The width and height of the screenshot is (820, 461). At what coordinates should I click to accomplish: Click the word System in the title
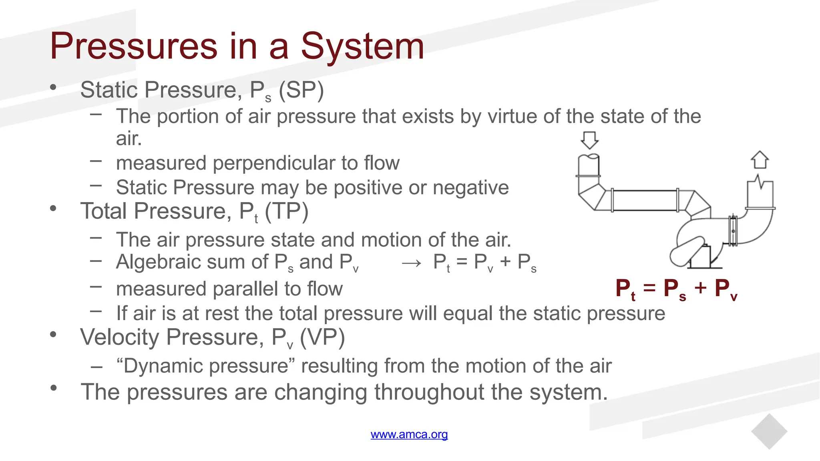[x=362, y=47]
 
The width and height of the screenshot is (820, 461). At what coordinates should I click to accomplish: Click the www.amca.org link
[x=409, y=434]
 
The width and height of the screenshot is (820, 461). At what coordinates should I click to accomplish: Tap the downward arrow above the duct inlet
[x=589, y=140]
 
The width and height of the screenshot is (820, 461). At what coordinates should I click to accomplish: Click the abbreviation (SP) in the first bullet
[x=301, y=90]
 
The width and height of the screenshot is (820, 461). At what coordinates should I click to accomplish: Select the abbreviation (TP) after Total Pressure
[x=286, y=211]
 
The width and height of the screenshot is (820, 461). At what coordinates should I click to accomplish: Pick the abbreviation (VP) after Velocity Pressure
[x=322, y=337]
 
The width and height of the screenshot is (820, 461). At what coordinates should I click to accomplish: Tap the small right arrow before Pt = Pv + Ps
[x=412, y=263]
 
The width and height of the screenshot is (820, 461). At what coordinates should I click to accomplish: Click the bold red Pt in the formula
[x=625, y=289]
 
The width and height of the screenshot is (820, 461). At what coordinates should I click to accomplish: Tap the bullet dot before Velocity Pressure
[x=53, y=334]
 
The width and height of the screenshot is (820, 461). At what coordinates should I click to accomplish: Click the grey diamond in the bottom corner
[x=769, y=431]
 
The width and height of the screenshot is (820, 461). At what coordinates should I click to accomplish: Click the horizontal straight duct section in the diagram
[x=645, y=200]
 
